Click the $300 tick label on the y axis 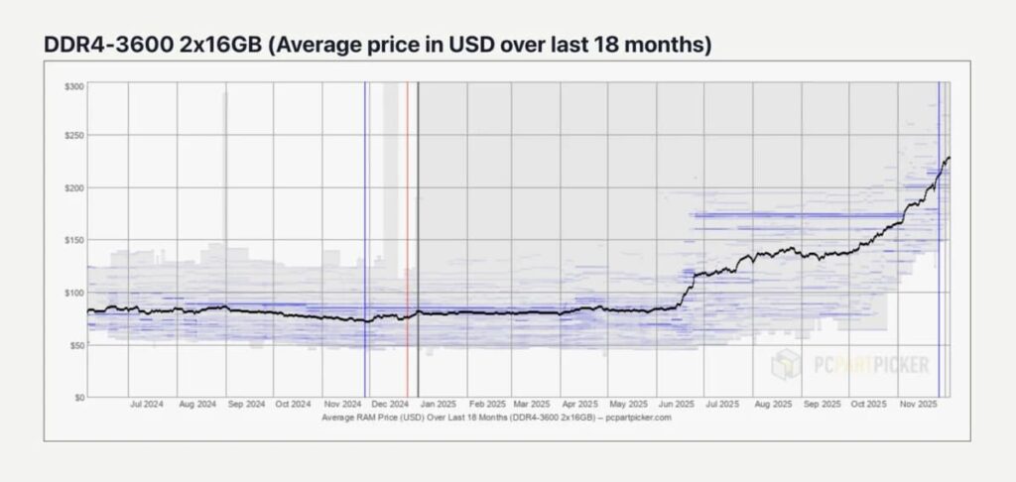coord(75,87)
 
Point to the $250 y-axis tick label coord(75,136)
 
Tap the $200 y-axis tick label coord(75,187)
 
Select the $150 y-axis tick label coord(75,240)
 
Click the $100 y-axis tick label coord(75,293)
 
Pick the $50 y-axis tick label coord(77,345)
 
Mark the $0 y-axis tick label coord(79,397)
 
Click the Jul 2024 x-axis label coord(147,405)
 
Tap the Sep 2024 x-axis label coord(247,405)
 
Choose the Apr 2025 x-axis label coord(580,405)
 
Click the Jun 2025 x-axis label coord(676,405)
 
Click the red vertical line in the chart coord(407,239)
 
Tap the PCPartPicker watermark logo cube coord(787,364)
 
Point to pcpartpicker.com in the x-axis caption coord(640,418)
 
